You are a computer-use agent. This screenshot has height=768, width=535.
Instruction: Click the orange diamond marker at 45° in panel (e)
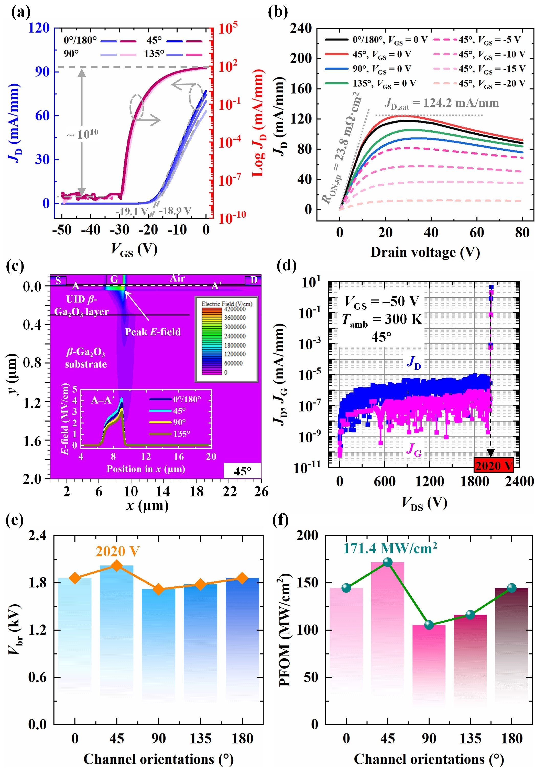117,566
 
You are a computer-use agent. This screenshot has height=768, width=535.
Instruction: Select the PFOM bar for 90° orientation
429,666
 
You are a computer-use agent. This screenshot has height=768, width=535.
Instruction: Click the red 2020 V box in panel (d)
494,465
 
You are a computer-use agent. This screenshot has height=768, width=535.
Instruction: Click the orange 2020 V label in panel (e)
117,551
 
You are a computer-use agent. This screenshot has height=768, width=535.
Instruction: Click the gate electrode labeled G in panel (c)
114,280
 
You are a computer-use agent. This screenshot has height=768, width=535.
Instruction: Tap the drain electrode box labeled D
253,280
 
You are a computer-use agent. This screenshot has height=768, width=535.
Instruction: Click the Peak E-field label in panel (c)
152,332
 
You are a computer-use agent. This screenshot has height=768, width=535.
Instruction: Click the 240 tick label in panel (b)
300,28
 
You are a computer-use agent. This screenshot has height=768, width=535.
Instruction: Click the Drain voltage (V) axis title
425,252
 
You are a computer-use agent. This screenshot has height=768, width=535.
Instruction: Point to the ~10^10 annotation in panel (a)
83,135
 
